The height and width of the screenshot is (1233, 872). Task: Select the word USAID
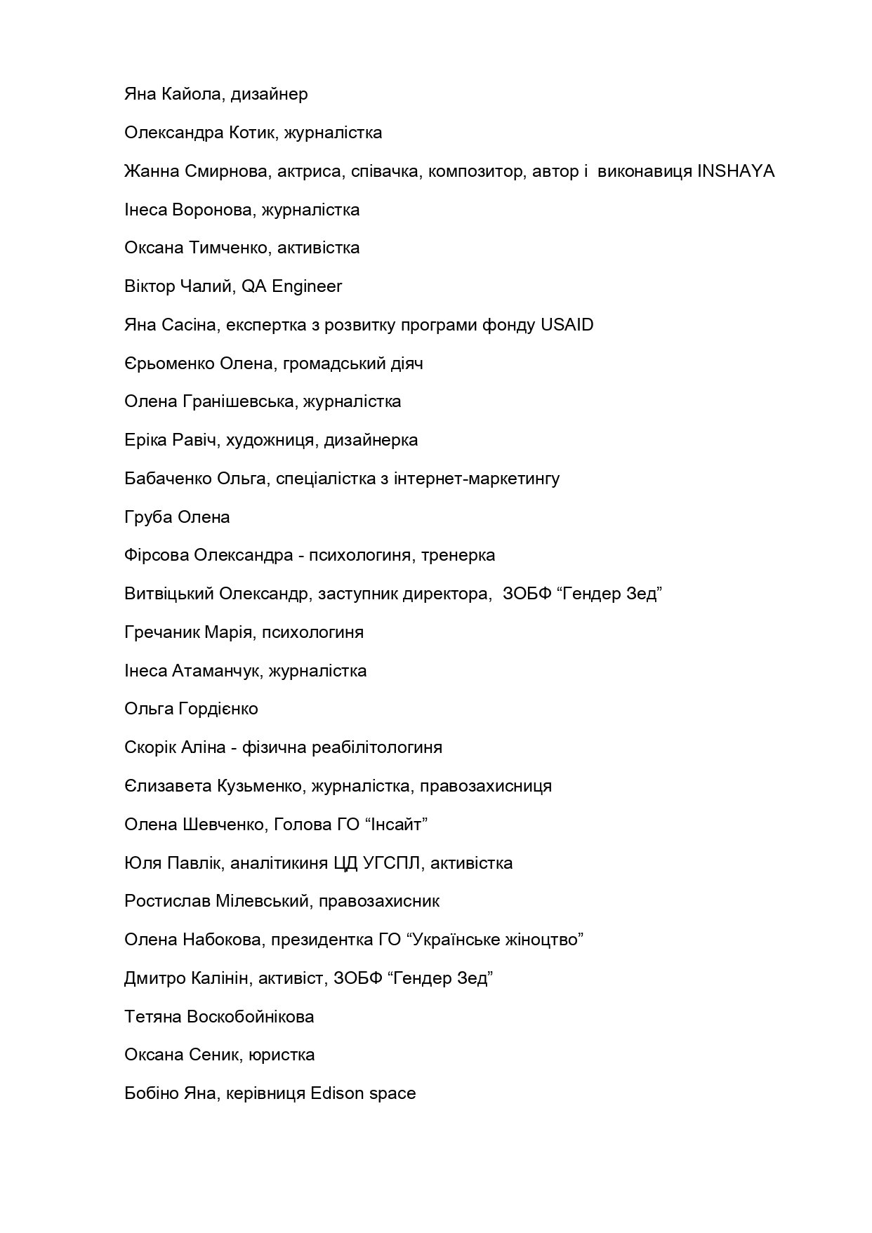(567, 325)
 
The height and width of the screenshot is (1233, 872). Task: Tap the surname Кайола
(193, 94)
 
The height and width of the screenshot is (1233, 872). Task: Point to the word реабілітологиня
(375, 747)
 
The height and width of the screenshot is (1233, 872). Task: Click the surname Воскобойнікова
(250, 1017)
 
